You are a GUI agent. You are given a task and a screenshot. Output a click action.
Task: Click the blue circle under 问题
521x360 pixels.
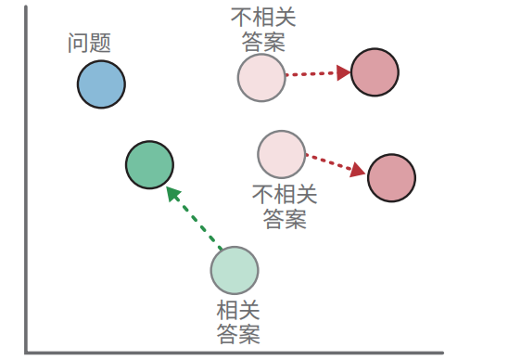coord(101,84)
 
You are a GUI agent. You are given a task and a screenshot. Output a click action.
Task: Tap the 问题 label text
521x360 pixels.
coord(90,43)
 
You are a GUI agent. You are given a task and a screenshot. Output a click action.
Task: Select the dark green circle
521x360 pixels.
coord(149,165)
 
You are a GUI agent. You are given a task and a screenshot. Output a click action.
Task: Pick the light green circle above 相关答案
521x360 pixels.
coord(235,271)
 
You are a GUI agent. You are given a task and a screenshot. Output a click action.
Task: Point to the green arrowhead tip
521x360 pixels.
coord(169,189)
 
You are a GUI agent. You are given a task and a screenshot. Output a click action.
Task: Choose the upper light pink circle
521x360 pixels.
coord(260,77)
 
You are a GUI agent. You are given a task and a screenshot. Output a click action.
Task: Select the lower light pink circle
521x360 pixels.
coord(281,154)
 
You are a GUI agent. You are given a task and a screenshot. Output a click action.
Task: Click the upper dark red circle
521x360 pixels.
coord(375,71)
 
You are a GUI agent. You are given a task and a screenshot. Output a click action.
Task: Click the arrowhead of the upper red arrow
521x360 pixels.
coord(344,71)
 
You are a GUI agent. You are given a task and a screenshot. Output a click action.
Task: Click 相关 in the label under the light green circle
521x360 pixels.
coord(238,310)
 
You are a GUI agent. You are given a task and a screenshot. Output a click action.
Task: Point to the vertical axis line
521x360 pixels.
coord(27,186)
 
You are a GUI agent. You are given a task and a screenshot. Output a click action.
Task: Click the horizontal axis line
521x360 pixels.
coord(232,352)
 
